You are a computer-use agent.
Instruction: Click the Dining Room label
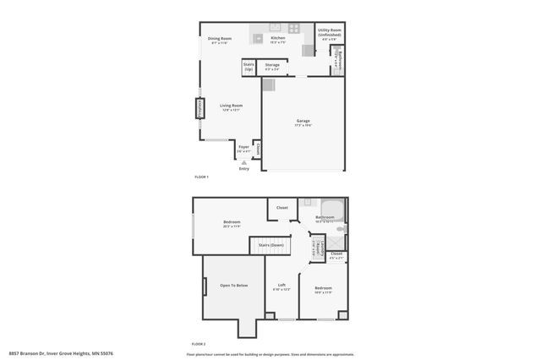pos(220,38)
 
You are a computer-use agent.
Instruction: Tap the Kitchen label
pos(277,38)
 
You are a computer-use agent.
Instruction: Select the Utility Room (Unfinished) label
pos(330,32)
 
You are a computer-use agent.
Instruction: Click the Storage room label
pos(272,64)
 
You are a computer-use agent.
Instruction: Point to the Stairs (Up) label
pos(249,65)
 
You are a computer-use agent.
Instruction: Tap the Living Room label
pos(232,106)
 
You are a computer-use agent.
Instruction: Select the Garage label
pos(303,122)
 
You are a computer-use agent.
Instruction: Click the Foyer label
pos(243,147)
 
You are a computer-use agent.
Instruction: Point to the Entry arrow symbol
pos(244,161)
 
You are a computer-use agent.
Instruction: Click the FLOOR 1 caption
pos(201,177)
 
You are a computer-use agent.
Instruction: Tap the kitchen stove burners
pos(293,28)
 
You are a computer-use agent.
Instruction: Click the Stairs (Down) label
pos(270,245)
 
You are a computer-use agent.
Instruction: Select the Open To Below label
pos(233,286)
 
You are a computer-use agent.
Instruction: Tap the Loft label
pos(281,286)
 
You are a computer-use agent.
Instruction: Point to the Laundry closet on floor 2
pos(315,247)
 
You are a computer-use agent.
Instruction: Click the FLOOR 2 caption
pos(199,344)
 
